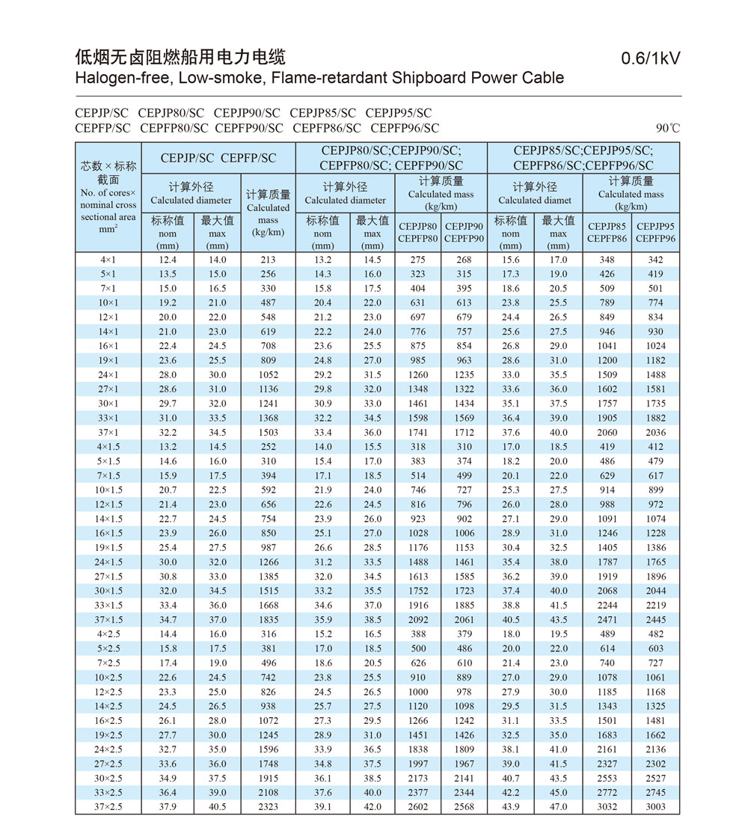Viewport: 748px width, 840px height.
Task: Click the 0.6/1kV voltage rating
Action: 650,58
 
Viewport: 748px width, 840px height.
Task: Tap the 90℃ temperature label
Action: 668,128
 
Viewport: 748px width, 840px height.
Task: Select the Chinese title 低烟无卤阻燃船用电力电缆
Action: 180,57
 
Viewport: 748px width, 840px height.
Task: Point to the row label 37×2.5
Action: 108,807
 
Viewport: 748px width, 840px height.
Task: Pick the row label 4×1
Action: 108,260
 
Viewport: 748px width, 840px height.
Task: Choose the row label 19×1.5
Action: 108,548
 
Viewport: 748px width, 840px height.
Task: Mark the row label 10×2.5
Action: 108,678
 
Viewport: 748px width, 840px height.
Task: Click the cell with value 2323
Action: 269,807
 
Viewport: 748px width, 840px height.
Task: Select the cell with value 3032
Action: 607,807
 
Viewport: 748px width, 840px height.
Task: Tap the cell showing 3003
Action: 655,807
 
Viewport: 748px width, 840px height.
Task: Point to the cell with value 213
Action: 269,260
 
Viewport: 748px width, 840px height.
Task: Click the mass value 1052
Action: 269,375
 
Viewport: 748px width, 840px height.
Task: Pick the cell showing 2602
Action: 418,807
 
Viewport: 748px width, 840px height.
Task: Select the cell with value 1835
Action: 269,620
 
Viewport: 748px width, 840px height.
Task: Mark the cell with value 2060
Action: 607,433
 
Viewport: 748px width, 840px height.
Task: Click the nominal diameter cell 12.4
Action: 168,260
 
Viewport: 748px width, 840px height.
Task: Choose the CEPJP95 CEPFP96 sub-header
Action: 655,232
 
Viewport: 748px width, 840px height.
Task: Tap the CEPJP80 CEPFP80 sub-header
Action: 418,232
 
